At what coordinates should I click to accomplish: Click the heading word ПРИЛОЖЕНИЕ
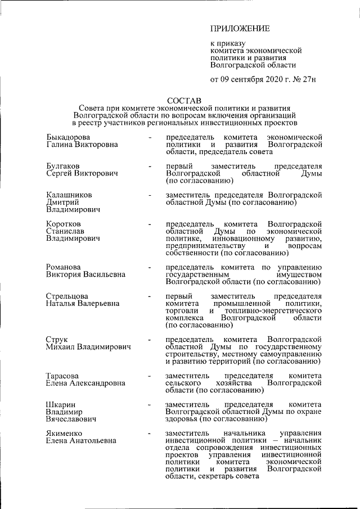pos(240,29)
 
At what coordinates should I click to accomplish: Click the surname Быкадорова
pos(69,137)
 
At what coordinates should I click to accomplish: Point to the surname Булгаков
pos(62,166)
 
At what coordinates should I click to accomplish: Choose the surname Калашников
pos(69,195)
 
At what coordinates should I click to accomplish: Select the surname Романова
pos(64,267)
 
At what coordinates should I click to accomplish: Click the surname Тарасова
pos(62,376)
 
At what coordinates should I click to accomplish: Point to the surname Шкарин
pos(61,404)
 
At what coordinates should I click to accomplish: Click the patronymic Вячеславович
pos(71,419)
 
